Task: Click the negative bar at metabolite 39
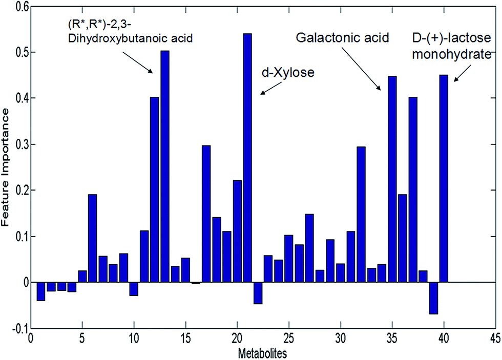coord(433,298)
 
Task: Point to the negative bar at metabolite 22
coord(258,293)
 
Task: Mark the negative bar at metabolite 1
coord(41,291)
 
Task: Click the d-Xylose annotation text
coord(287,73)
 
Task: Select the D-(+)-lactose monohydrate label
coord(451,46)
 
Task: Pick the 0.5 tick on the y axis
coord(19,52)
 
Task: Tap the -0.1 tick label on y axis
coord(17,328)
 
